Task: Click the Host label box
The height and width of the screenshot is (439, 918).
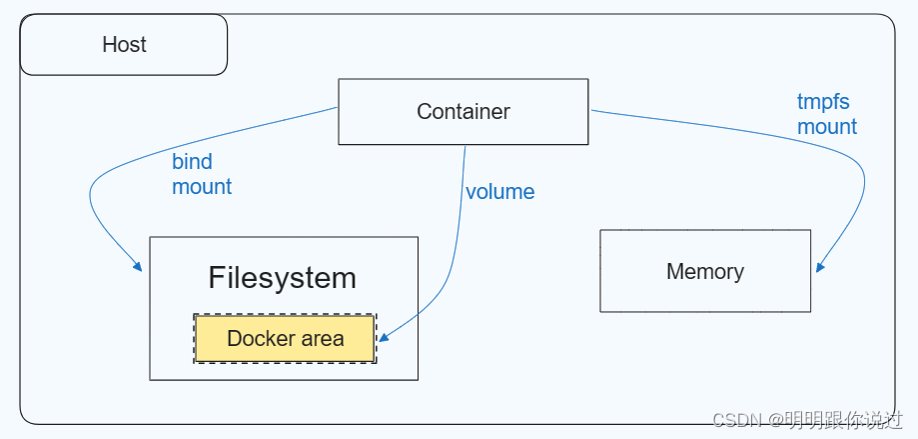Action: pyautogui.click(x=124, y=45)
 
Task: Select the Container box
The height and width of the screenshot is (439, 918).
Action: pyautogui.click(x=463, y=111)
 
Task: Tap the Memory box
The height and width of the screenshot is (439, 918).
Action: pyautogui.click(x=705, y=271)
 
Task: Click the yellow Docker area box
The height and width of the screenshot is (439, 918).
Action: pyautogui.click(x=285, y=339)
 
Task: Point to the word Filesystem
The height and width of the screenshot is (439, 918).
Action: pyautogui.click(x=282, y=278)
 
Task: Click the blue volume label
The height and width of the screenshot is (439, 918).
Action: pyautogui.click(x=500, y=192)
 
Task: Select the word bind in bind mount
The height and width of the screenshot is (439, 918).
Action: pyautogui.click(x=192, y=162)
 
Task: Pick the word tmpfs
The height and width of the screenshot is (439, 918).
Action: pyautogui.click(x=823, y=101)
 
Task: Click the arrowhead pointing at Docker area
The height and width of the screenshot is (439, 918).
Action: pyautogui.click(x=383, y=338)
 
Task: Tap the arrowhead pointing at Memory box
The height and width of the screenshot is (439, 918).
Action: pyautogui.click(x=820, y=267)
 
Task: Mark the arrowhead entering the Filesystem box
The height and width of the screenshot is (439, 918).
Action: pyautogui.click(x=138, y=267)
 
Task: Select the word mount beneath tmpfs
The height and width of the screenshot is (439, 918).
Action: pyautogui.click(x=827, y=127)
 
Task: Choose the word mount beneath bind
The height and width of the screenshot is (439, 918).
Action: pyautogui.click(x=202, y=187)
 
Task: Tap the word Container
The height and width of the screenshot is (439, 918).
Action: pyautogui.click(x=463, y=111)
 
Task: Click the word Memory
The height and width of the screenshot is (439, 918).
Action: pyautogui.click(x=705, y=271)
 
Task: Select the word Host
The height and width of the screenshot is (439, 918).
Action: pyautogui.click(x=124, y=45)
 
